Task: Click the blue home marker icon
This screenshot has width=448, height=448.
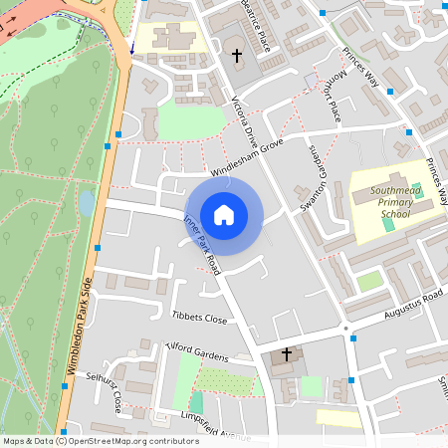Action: coord(224,215)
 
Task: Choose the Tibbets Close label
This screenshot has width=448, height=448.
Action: coord(199,318)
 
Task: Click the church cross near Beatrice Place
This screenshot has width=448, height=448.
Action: coord(237,56)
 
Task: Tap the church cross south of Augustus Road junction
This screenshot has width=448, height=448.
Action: coord(287,353)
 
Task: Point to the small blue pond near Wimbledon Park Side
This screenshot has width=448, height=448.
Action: coord(87,203)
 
